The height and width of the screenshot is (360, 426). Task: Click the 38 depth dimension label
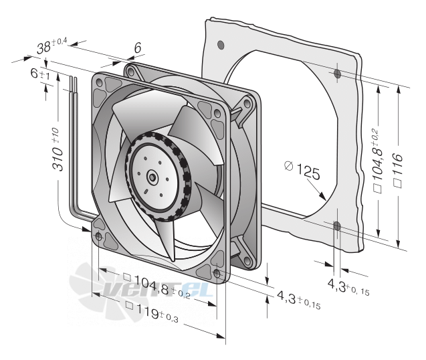[x=51, y=46]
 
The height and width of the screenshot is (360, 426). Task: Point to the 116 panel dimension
[x=398, y=170]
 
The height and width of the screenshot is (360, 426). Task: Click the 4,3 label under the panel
[x=348, y=288]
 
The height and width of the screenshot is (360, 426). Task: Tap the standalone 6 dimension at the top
[x=138, y=48]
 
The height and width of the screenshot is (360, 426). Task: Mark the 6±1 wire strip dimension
[x=40, y=74]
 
